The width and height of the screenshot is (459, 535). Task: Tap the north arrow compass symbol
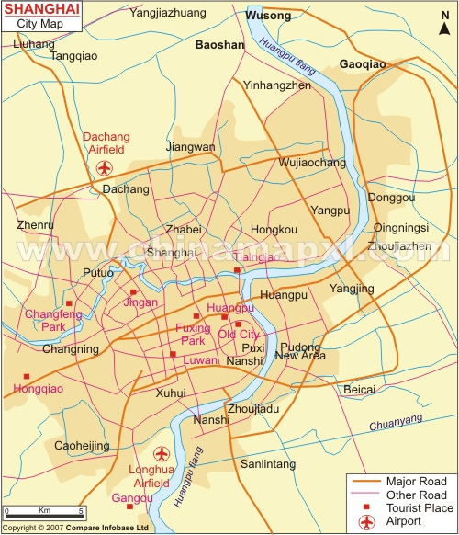click(x=444, y=28)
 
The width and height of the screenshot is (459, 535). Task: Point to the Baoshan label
click(x=220, y=44)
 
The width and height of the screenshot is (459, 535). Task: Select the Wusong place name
click(x=268, y=16)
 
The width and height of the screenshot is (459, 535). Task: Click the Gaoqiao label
click(x=363, y=64)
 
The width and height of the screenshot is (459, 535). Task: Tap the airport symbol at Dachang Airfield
click(x=103, y=168)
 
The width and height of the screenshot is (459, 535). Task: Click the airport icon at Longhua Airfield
click(x=162, y=453)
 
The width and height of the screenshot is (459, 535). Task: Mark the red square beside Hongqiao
click(x=27, y=376)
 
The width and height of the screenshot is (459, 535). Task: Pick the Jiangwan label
click(x=190, y=146)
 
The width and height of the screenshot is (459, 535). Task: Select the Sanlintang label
click(x=268, y=464)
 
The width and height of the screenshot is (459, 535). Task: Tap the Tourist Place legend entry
click(x=420, y=507)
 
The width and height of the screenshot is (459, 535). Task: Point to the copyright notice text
click(x=75, y=529)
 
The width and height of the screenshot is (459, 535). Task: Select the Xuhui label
click(x=171, y=393)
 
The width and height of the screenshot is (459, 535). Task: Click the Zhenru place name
click(x=36, y=223)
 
